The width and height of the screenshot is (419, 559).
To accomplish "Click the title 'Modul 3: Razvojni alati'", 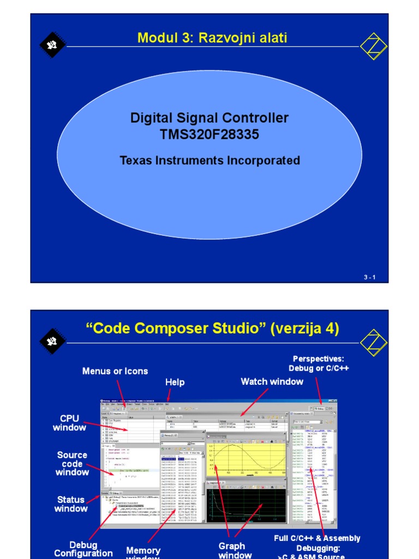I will tap(212, 38).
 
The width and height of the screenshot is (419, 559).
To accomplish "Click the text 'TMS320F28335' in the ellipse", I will tap(209, 135).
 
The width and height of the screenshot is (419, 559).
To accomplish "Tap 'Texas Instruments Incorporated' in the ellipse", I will tap(209, 160).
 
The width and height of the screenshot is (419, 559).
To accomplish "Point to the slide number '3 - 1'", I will tap(370, 277).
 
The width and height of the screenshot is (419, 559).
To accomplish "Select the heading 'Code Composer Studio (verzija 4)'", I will tap(212, 329).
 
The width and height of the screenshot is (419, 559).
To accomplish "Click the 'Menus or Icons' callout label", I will tap(115, 371).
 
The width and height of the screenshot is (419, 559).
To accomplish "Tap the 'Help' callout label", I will tap(175, 382).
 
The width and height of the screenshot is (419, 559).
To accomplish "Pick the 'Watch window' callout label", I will tap(272, 382).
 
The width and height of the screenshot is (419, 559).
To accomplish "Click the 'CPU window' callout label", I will tap(69, 423).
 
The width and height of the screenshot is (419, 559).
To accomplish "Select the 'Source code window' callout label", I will tap(72, 463).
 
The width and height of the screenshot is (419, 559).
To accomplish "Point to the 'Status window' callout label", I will tap(71, 504).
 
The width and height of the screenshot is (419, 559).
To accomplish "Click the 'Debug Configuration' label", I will tap(83, 549).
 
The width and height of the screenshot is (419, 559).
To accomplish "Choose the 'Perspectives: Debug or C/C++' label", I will tap(319, 364).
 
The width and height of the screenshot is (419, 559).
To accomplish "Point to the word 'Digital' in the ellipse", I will tap(150, 118).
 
